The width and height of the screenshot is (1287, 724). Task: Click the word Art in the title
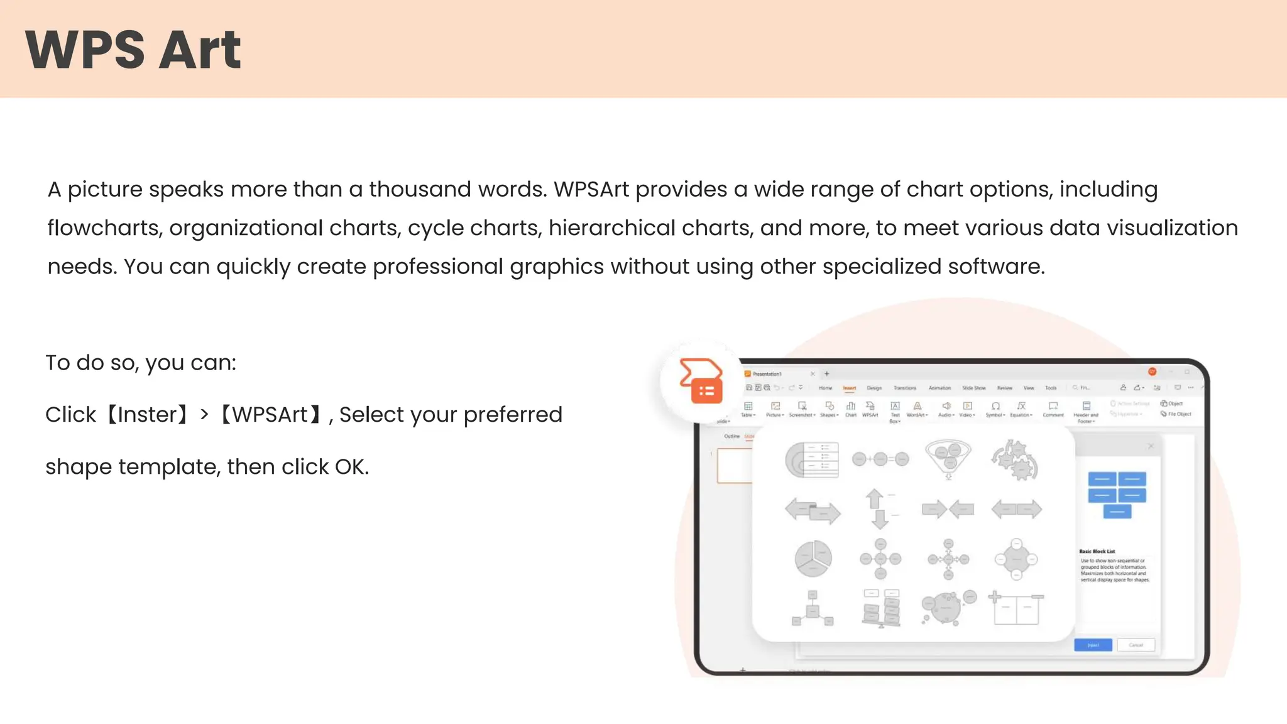(200, 50)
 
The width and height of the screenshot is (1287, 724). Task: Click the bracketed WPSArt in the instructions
(270, 415)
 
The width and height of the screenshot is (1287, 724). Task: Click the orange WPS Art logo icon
(701, 381)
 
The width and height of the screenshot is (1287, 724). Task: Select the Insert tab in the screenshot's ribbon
(850, 388)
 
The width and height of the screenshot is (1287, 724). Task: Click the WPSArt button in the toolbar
(870, 409)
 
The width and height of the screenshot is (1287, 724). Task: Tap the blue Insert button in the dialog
(1093, 645)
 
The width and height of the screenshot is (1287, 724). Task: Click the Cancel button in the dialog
(1136, 645)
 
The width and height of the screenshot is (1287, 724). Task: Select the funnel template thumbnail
(948, 458)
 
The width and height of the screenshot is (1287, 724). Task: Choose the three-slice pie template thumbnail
(813, 558)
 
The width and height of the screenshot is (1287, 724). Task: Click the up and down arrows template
(879, 509)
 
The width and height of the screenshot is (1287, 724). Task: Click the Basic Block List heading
(1097, 551)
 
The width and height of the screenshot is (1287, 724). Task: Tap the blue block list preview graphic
(1117, 495)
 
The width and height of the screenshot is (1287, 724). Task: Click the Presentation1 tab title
(767, 374)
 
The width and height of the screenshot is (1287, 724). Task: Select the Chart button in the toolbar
(851, 409)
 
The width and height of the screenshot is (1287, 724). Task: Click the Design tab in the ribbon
(874, 388)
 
